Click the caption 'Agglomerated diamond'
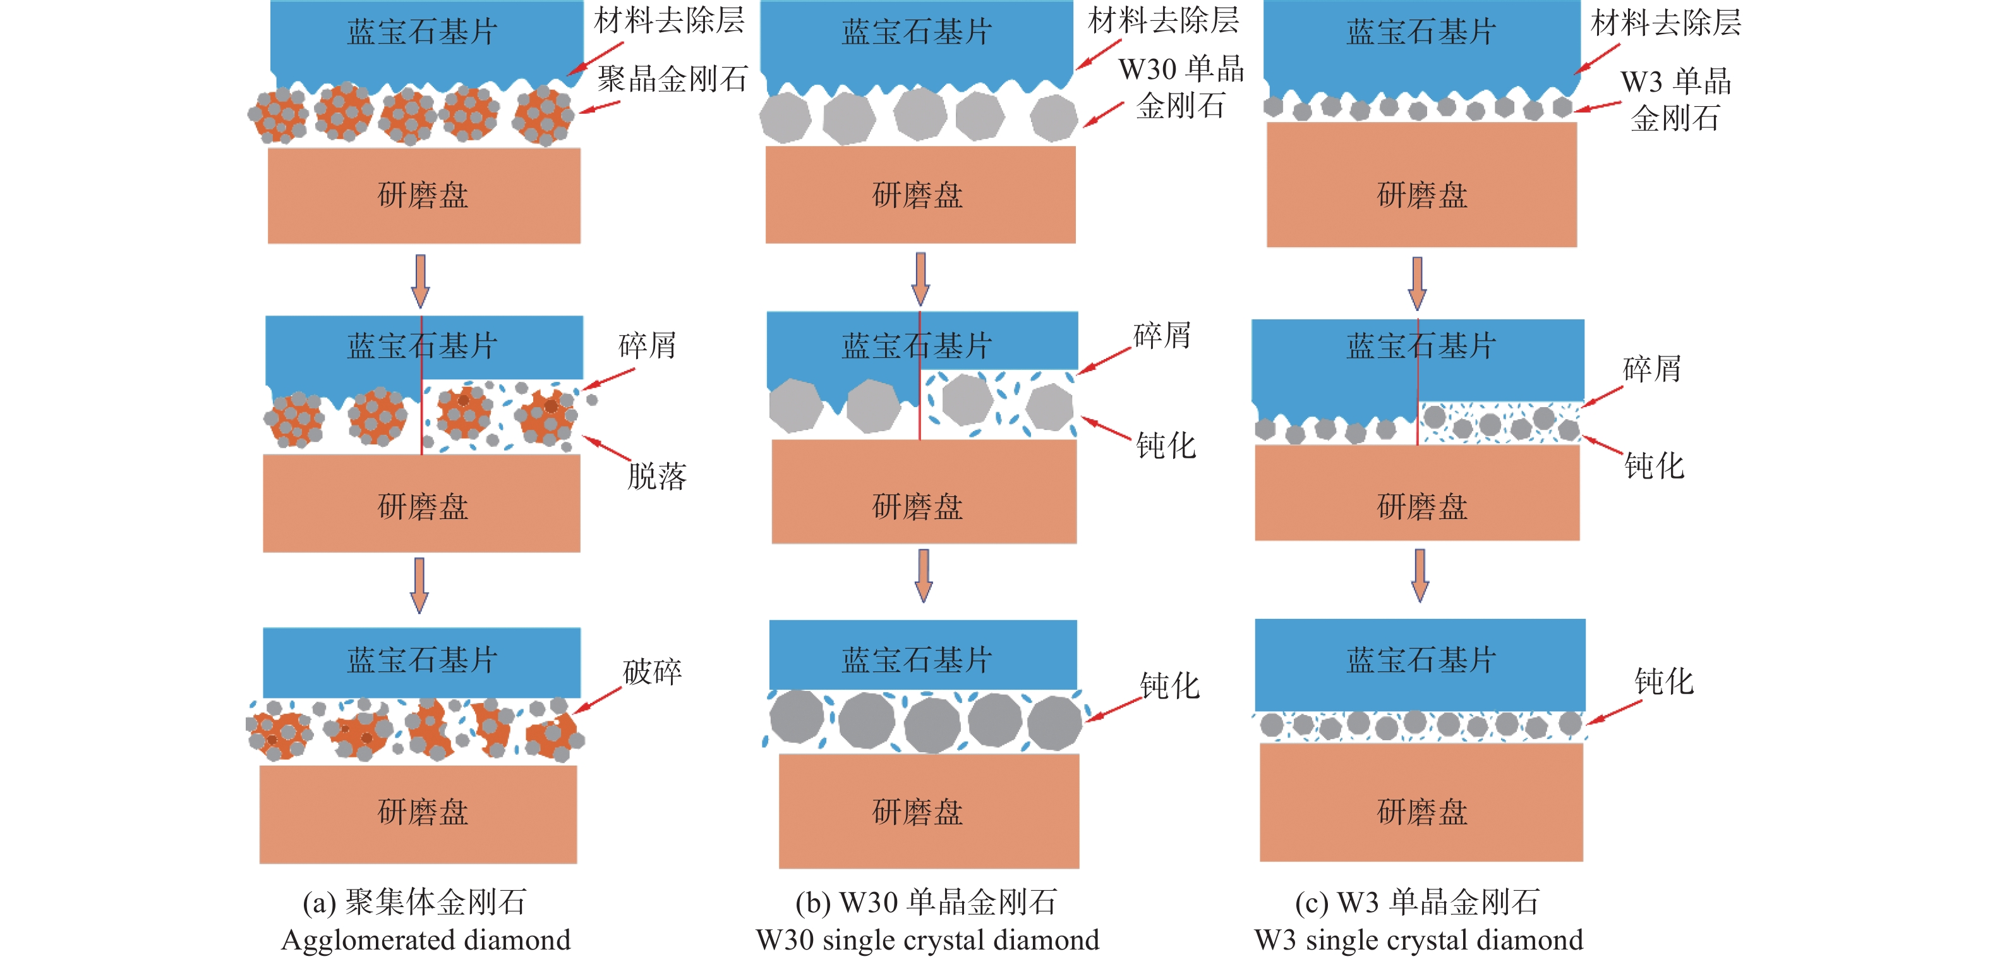point(426,939)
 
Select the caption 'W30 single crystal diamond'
point(927,939)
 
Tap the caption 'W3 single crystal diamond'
point(1418,939)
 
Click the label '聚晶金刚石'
point(672,79)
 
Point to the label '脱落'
point(656,476)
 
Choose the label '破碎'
point(652,671)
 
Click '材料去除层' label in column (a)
point(669,20)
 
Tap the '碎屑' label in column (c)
point(1651,369)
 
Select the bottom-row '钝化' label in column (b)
point(1169,685)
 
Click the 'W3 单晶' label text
point(1675,81)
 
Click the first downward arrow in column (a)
point(420,281)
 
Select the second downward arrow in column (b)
point(923,576)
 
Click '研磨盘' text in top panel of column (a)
point(423,195)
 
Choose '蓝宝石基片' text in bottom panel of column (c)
point(1421,660)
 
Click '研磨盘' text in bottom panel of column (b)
point(918,812)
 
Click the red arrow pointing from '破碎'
point(597,699)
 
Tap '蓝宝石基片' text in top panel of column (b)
point(917,32)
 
